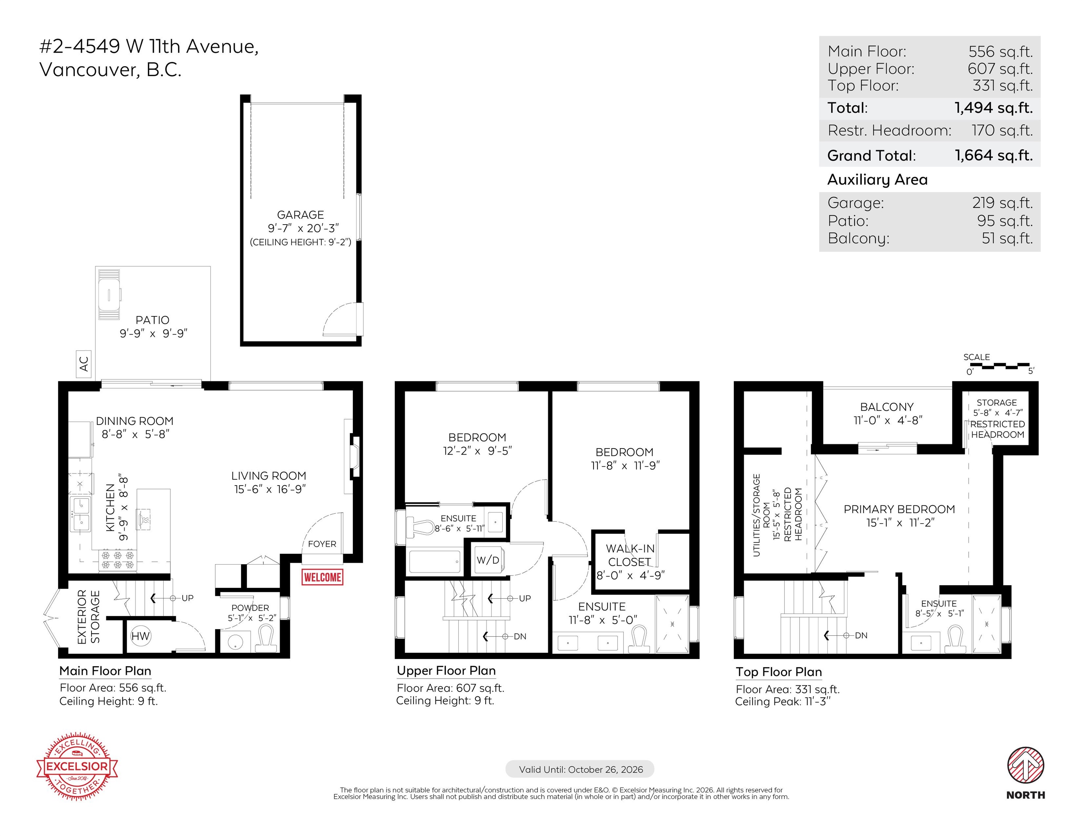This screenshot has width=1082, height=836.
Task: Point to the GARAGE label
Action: (300, 215)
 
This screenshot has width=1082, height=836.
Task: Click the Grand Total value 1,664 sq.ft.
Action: (994, 156)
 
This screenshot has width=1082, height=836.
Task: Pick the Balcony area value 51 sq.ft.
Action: (1007, 238)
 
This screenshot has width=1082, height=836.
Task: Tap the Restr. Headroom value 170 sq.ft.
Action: (1002, 130)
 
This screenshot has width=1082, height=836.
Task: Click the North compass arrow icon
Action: (1025, 766)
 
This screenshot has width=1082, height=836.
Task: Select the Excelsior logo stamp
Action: (77, 766)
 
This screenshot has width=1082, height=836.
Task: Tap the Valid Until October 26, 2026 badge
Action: (580, 769)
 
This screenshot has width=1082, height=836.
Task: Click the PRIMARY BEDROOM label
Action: (899, 509)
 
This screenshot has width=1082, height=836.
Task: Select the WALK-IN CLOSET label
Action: (630, 555)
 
